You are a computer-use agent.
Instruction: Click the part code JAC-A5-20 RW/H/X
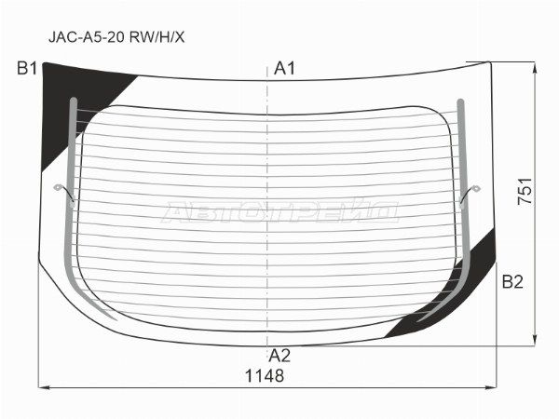tap(116, 36)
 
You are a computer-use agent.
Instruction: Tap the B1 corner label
tap(27, 68)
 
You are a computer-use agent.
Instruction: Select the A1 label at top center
tap(284, 68)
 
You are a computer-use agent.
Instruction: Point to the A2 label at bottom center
tap(279, 356)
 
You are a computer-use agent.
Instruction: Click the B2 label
tap(512, 281)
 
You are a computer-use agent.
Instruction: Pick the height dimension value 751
tap(525, 191)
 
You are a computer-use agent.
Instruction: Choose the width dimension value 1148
tap(265, 375)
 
